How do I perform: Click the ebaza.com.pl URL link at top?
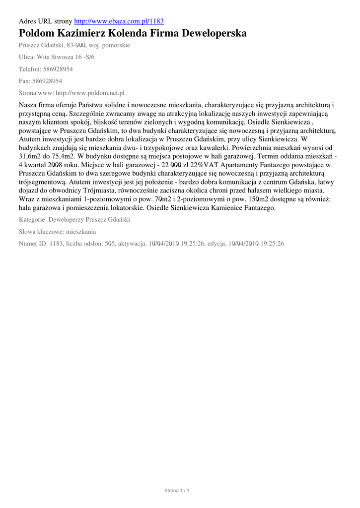pos(119,22)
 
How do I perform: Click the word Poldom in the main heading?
pos(39,34)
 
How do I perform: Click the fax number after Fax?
pos(48,81)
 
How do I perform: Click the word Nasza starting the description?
pos(28,105)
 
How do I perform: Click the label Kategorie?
pos(33,220)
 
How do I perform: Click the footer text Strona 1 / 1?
pos(177,491)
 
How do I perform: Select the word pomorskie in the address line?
pos(116,45)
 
